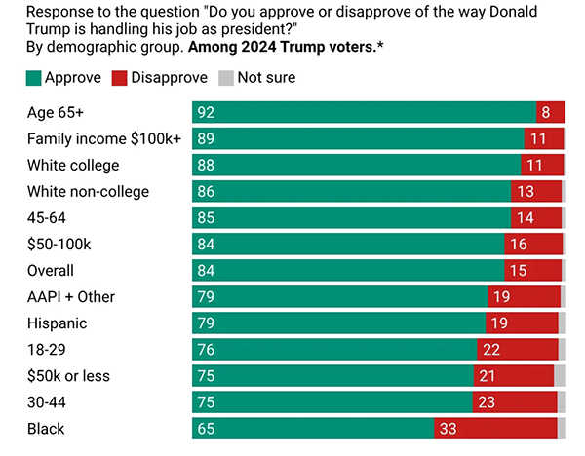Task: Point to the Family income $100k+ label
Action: pyautogui.click(x=104, y=138)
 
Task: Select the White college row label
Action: pyautogui.click(x=73, y=165)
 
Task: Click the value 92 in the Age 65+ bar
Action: pyautogui.click(x=205, y=112)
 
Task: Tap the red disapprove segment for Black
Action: pyautogui.click(x=495, y=429)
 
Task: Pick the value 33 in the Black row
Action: pyautogui.click(x=448, y=429)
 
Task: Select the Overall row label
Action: pyautogui.click(x=51, y=270)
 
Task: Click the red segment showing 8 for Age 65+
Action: pyautogui.click(x=550, y=112)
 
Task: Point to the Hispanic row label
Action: pyautogui.click(x=57, y=323)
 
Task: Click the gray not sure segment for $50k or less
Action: pyautogui.click(x=560, y=376)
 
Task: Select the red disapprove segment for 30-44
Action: pyautogui.click(x=515, y=402)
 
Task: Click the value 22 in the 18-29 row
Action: pyautogui.click(x=490, y=350)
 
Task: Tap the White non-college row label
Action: pyautogui.click(x=88, y=191)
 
